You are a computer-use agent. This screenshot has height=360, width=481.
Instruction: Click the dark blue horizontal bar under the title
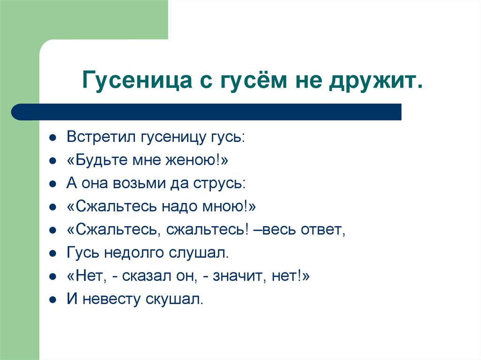(x=207, y=112)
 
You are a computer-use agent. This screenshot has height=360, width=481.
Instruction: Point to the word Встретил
(x=99, y=138)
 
